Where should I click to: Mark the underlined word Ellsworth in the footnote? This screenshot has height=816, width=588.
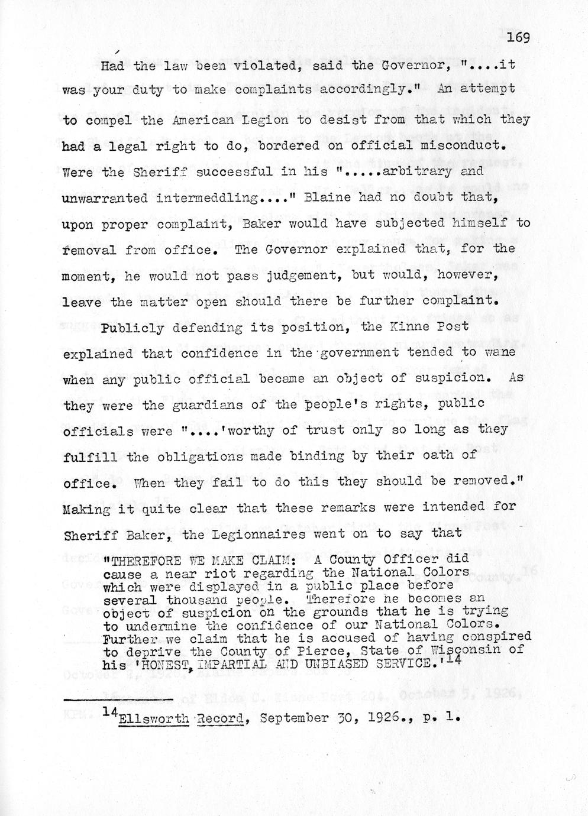pos(153,718)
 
